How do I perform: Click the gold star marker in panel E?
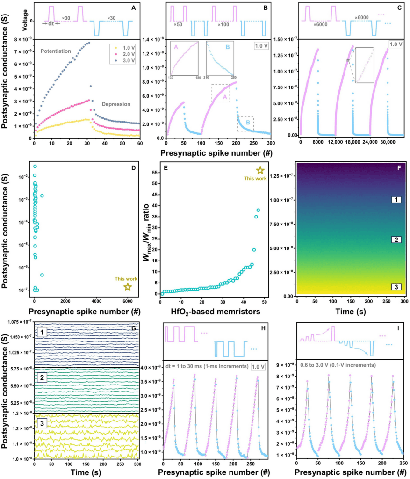(260, 171)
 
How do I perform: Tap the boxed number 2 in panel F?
(396, 239)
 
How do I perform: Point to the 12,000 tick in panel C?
(333, 142)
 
